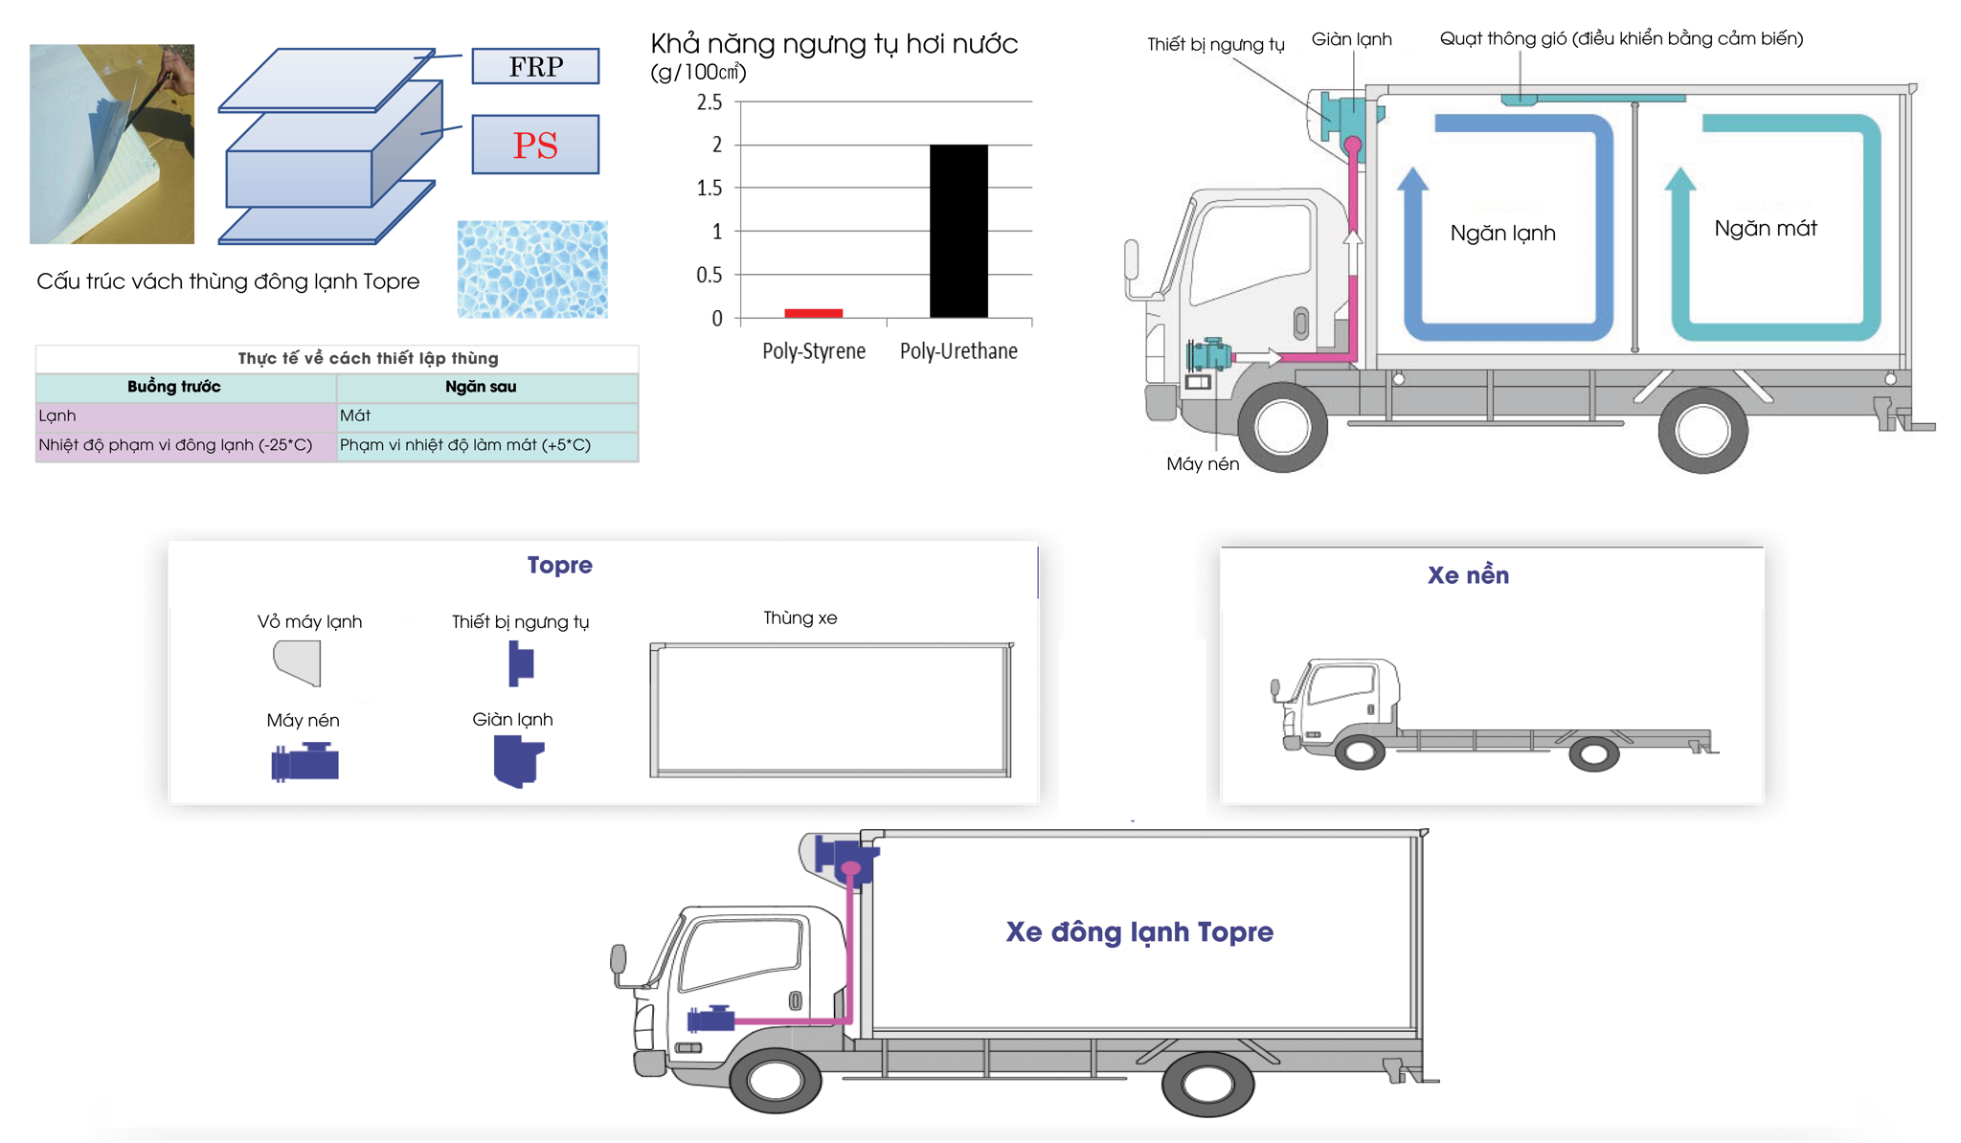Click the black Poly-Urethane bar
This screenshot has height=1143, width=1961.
click(x=958, y=231)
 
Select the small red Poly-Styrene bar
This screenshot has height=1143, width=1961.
click(x=813, y=313)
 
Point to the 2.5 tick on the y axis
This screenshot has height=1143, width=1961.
click(x=710, y=102)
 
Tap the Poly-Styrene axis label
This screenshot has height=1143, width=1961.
click(x=814, y=351)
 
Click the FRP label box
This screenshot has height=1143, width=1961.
click(x=535, y=66)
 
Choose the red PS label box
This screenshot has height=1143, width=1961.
click(x=535, y=145)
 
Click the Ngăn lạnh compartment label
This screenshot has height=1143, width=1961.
click(x=1502, y=234)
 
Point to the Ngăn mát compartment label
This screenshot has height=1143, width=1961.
click(x=1765, y=229)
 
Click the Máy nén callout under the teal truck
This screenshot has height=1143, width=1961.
click(x=1203, y=464)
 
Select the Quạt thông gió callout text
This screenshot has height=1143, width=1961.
click(x=1621, y=39)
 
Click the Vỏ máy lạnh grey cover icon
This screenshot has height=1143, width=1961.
click(x=298, y=662)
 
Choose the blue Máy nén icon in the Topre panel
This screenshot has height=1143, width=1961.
click(x=304, y=763)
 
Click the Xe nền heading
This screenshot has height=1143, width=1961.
click(x=1468, y=575)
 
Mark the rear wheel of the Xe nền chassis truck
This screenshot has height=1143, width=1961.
click(x=1593, y=754)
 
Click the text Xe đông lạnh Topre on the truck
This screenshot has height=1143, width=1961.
click(x=1139, y=932)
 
